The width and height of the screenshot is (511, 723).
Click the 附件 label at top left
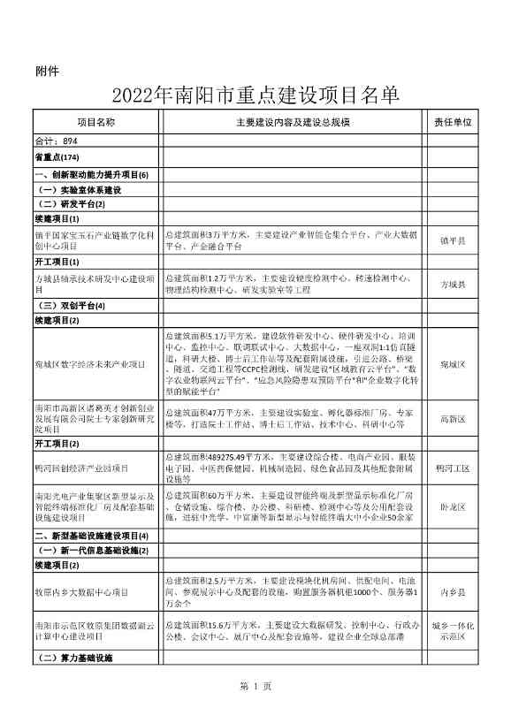[47, 72]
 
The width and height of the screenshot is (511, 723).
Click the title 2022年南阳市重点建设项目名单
[255, 95]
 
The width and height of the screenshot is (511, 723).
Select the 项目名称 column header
[95, 122]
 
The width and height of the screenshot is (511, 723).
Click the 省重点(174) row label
[57, 156]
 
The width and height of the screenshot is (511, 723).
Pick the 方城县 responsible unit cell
[453, 285]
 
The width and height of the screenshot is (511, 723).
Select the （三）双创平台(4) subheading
[81, 306]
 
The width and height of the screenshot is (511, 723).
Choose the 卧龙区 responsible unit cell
[453, 508]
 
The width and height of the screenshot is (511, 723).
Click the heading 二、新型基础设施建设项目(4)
[91, 536]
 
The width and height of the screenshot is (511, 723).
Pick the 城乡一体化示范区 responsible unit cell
[453, 631]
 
